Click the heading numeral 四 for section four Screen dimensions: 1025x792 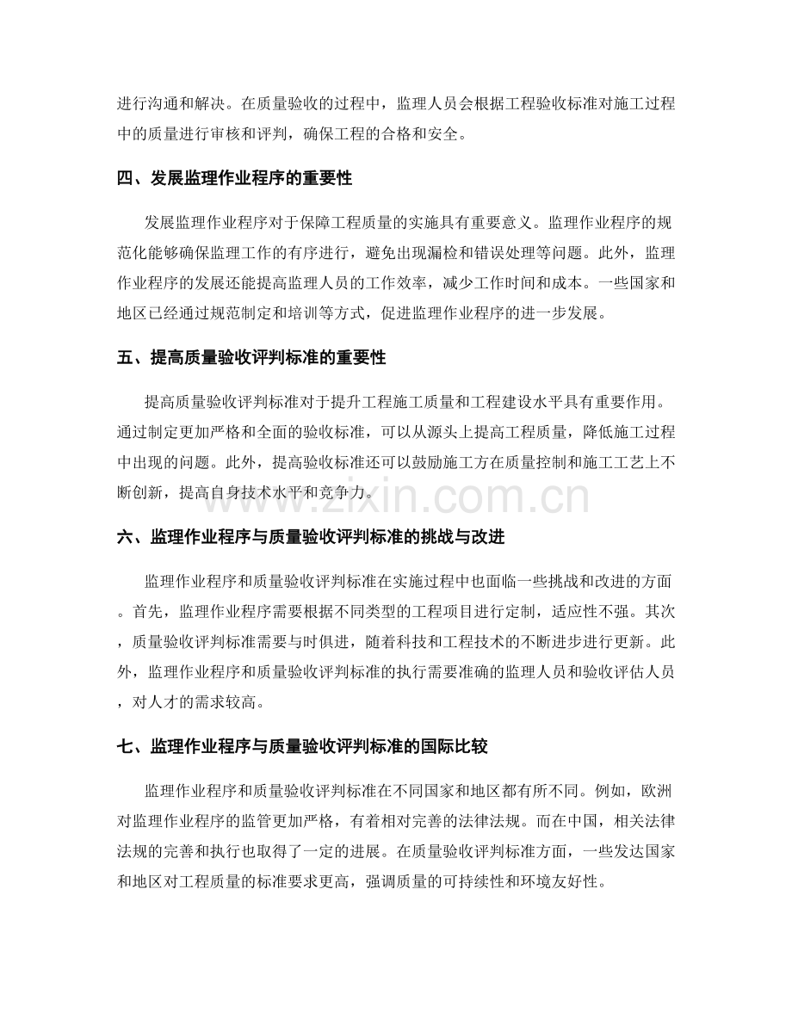124,180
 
